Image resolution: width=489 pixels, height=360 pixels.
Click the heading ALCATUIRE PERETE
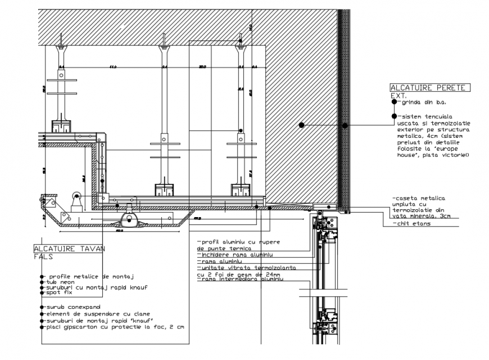[x=430, y=88]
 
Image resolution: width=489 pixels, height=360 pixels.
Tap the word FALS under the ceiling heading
[x=44, y=256]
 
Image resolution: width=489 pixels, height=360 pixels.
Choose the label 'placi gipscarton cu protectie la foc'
[x=112, y=326]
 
